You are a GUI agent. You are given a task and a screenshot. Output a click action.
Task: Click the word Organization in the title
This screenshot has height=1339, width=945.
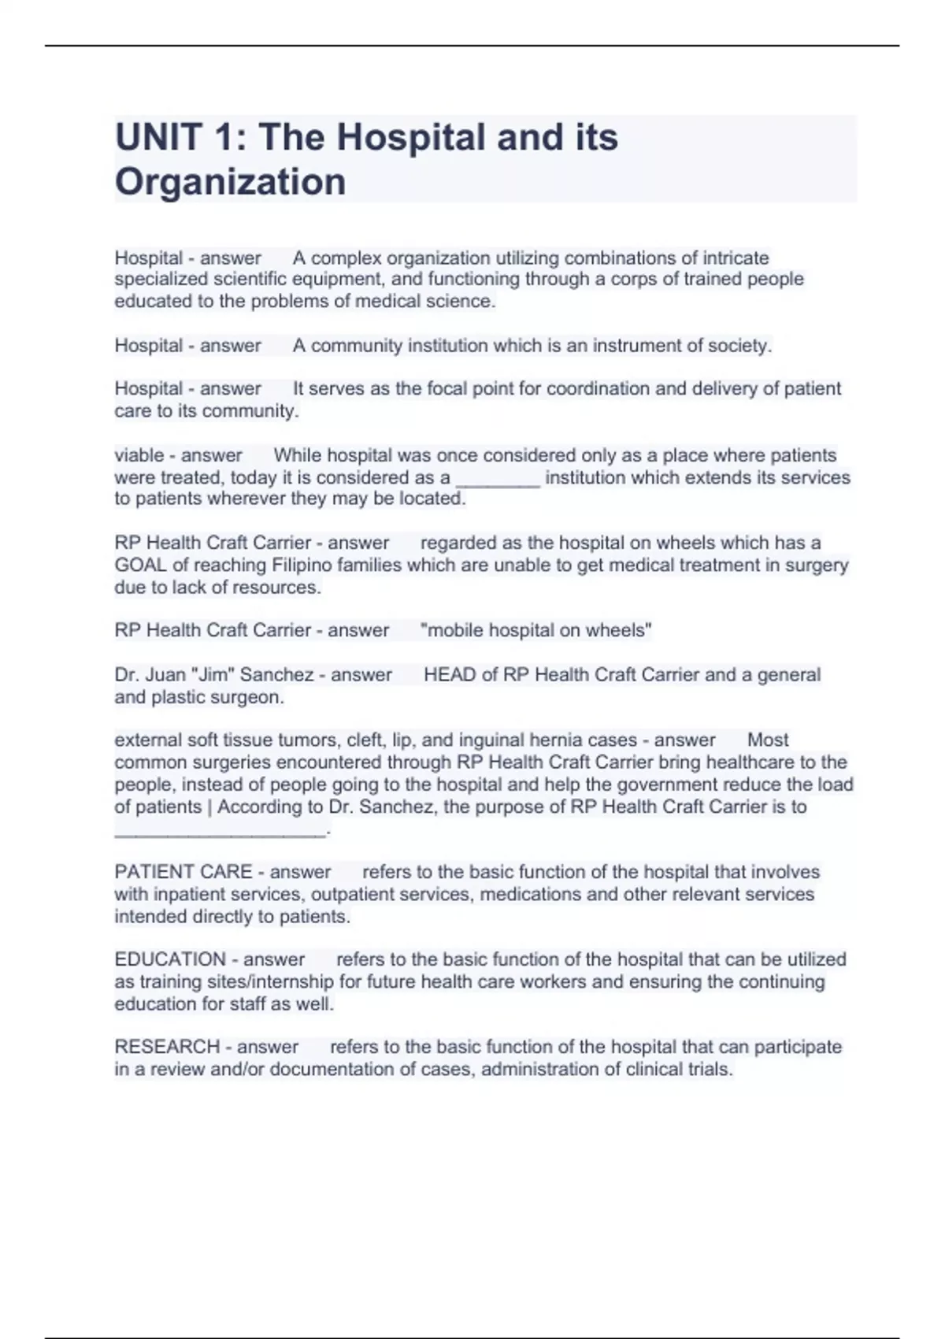point(230,182)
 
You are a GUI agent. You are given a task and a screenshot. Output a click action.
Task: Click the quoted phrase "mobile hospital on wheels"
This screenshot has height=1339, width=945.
point(536,630)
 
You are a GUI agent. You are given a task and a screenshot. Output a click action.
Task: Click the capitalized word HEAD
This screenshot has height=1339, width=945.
point(450,674)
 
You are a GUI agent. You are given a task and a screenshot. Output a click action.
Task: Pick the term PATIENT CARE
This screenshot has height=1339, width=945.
point(183,872)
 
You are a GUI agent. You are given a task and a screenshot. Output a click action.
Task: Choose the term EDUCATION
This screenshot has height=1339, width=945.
point(170,959)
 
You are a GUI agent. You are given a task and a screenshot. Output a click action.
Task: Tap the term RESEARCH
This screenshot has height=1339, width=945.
point(167,1047)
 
